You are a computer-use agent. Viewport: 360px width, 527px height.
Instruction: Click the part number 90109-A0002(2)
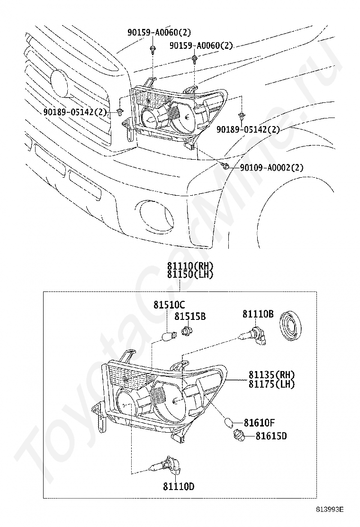(x=271, y=167)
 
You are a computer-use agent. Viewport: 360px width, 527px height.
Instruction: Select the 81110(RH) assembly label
(x=190, y=266)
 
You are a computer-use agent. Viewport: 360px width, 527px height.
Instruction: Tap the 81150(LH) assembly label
(x=190, y=274)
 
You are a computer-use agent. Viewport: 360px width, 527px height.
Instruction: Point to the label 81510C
(x=169, y=305)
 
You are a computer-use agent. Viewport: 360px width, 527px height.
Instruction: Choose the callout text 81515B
(x=190, y=316)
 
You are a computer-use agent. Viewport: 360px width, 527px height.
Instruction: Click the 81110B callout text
(x=258, y=314)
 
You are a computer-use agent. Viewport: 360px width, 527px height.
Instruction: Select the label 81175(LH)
(x=271, y=384)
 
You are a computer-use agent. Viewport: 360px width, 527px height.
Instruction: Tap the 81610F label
(x=259, y=422)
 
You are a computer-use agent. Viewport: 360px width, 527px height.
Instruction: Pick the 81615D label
(x=271, y=436)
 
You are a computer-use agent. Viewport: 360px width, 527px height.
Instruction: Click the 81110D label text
(x=179, y=486)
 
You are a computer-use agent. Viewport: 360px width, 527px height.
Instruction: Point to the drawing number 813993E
(x=330, y=509)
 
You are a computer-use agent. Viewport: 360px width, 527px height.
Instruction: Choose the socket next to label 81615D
(x=238, y=435)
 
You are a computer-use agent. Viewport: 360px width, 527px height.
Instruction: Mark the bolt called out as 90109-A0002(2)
(x=226, y=166)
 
